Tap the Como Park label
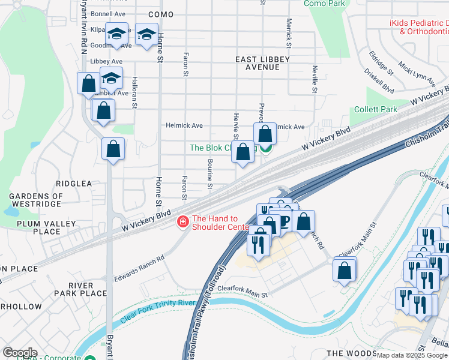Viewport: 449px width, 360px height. coord(324,4)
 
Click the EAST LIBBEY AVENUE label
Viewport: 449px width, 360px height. coord(262,63)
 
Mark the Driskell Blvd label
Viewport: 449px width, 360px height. coord(379,80)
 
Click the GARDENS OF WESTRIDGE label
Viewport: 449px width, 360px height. coord(36,200)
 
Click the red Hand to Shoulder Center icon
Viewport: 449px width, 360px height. coord(182,223)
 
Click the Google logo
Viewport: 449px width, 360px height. coord(20,353)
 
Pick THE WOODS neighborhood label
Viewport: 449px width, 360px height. coord(350,353)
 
